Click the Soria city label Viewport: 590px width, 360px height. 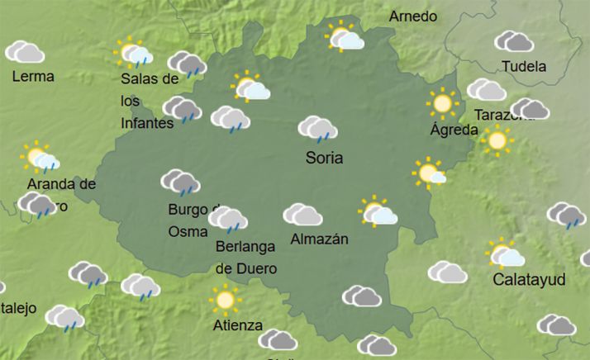click(324, 158)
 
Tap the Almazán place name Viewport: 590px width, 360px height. click(320, 239)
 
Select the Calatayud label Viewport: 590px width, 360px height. click(529, 280)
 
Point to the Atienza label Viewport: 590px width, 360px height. click(237, 324)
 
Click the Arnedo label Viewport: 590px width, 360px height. click(413, 16)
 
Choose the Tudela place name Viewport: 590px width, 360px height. click(524, 66)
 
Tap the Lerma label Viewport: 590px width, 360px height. click(34, 77)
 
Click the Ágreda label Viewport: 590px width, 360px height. click(454, 130)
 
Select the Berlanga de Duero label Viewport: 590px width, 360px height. click(245, 257)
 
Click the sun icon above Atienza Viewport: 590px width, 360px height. click(223, 298)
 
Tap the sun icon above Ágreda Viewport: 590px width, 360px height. click(443, 103)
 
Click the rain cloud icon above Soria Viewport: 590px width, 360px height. click(317, 129)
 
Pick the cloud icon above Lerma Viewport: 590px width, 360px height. click(25, 52)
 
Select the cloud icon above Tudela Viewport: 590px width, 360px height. click(514, 40)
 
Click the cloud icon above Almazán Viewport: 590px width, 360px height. click(302, 215)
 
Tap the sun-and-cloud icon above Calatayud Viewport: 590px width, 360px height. click(505, 253)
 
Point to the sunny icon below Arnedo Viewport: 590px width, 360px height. click(345, 37)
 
